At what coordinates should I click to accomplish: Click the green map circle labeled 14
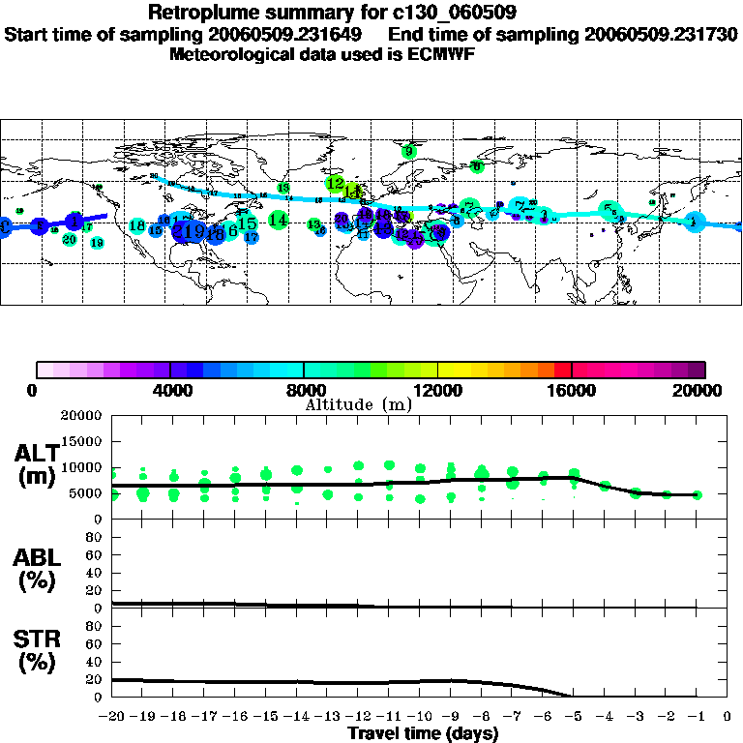(278, 221)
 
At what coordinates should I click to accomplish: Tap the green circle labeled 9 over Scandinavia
(409, 151)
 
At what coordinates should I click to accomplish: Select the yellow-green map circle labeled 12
(335, 183)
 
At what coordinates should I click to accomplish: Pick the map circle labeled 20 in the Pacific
(70, 238)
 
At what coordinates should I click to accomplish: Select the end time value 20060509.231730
(661, 34)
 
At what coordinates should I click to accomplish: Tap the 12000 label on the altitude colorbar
(438, 390)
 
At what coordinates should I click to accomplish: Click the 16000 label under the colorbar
(572, 390)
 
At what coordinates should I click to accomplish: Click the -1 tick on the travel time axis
(696, 717)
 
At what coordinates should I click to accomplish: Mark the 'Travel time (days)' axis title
(423, 733)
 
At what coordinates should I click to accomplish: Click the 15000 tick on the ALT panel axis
(82, 440)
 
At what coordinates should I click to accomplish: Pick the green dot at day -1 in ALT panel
(697, 494)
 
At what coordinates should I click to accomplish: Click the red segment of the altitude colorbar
(562, 370)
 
